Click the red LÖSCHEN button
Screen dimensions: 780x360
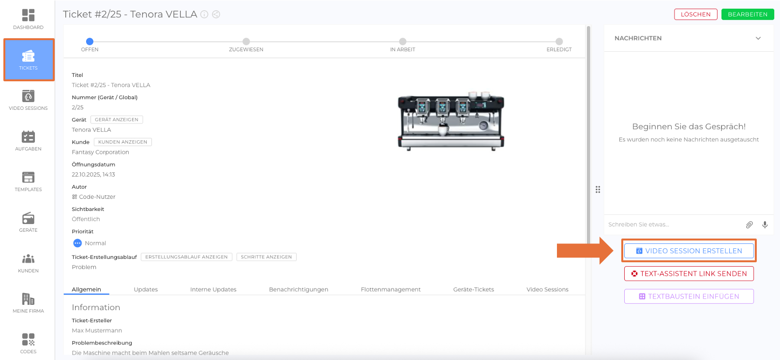coord(695,15)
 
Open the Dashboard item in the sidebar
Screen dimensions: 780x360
coord(28,19)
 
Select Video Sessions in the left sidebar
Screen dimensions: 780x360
coord(28,100)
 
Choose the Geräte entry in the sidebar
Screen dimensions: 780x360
coord(28,222)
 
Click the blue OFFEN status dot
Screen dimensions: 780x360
coord(90,42)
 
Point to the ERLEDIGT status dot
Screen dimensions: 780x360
coord(559,42)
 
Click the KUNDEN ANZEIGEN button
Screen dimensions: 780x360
coord(122,142)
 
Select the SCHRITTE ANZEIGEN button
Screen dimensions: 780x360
coord(267,257)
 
